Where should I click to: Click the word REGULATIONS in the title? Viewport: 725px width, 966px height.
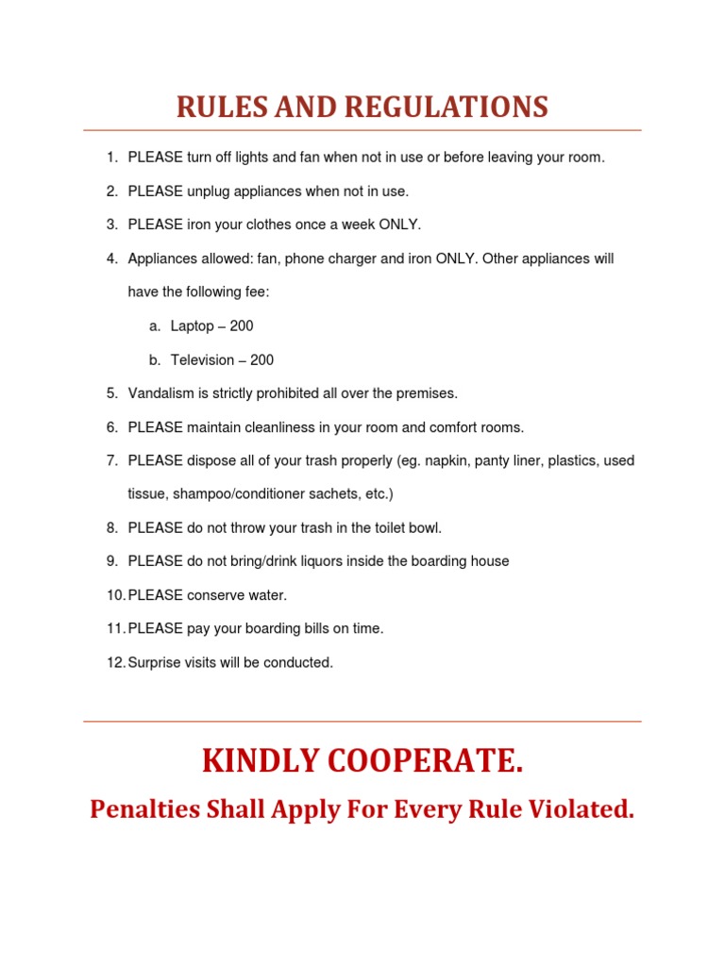coord(446,108)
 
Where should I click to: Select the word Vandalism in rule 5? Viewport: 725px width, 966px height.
coord(160,393)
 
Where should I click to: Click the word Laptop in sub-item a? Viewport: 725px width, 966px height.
coord(193,326)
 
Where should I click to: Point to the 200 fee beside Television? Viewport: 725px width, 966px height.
coord(261,360)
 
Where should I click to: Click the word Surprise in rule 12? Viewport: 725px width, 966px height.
coord(155,662)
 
